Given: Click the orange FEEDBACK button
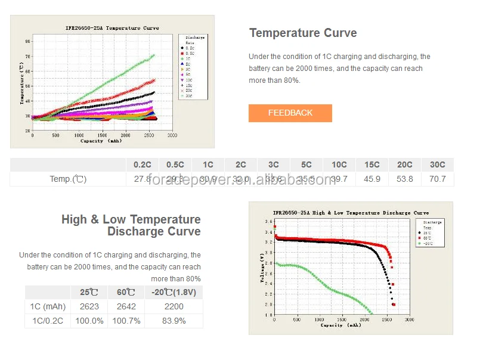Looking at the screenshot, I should click(290, 113).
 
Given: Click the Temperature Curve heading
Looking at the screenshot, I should click(303, 33).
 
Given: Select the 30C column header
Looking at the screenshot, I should click(437, 165).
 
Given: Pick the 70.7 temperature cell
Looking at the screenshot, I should click(437, 179).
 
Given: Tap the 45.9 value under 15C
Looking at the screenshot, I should click(371, 179).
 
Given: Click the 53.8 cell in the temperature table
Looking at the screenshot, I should click(404, 179).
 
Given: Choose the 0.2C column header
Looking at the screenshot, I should click(142, 165).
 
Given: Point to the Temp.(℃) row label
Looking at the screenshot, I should click(67, 179).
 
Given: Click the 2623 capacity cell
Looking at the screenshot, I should click(89, 306).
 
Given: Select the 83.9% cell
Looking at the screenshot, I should click(174, 321).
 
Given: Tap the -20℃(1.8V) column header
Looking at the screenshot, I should click(174, 292).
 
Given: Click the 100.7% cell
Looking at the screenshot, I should click(126, 321).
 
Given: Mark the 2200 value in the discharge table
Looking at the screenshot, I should click(174, 306).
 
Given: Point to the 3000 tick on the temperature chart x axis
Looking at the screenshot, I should click(172, 136).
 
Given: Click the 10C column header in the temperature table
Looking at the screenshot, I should click(339, 165).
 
